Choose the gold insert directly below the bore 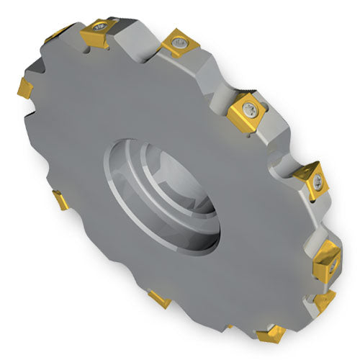157,299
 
